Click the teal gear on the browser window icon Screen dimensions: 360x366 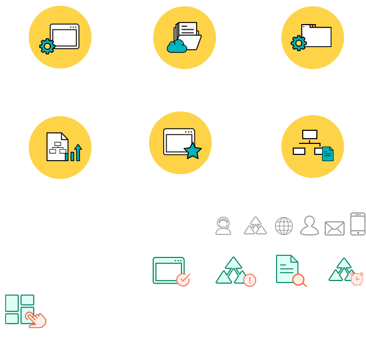[47, 47]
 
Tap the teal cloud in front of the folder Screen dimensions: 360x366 [177, 47]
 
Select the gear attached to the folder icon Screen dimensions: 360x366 [299, 43]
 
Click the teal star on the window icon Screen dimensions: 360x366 [193, 151]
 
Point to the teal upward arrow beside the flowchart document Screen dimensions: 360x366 [78, 152]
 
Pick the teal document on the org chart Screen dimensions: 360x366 [328, 154]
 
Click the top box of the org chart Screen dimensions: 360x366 [310, 134]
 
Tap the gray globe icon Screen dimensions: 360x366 [284, 226]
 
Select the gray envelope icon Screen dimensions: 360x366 [335, 228]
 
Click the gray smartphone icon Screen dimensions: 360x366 [358, 224]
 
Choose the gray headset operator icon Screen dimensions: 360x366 [223, 226]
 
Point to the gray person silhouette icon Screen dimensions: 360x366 [310, 226]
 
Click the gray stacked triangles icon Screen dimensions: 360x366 [256, 226]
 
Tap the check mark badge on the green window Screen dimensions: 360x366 [183, 280]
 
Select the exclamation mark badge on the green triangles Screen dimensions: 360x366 [249, 280]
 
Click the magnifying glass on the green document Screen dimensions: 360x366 [299, 280]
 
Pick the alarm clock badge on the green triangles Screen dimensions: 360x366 [357, 279]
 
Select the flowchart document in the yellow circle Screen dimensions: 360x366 [57, 147]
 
